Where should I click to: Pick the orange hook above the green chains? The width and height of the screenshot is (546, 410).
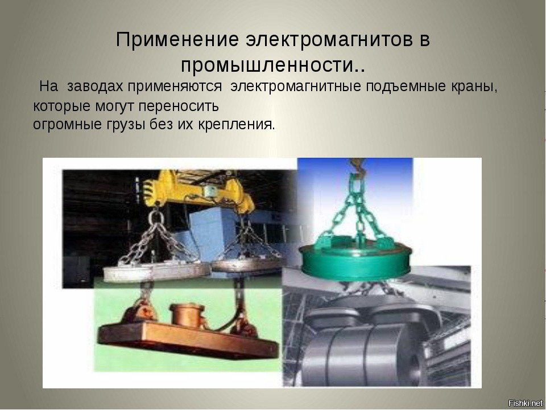357,165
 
